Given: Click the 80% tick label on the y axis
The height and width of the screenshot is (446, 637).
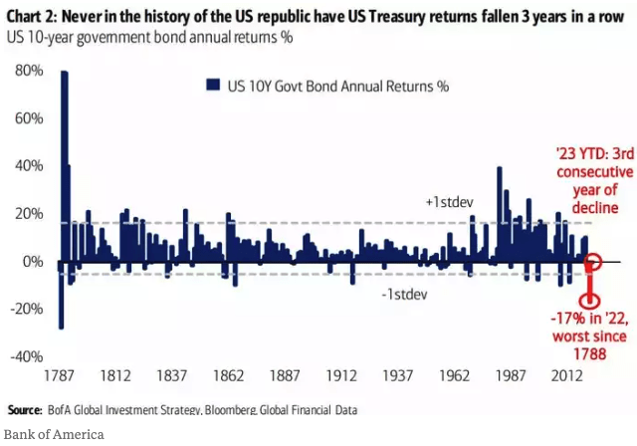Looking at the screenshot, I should click(28, 71).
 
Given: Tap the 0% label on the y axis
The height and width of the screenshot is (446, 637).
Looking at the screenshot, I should click(33, 262).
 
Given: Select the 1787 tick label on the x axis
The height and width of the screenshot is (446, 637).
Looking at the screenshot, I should click(62, 377).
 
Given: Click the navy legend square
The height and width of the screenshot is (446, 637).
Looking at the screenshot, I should click(210, 86).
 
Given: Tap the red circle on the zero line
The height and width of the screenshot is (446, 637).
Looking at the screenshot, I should click(592, 263).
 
